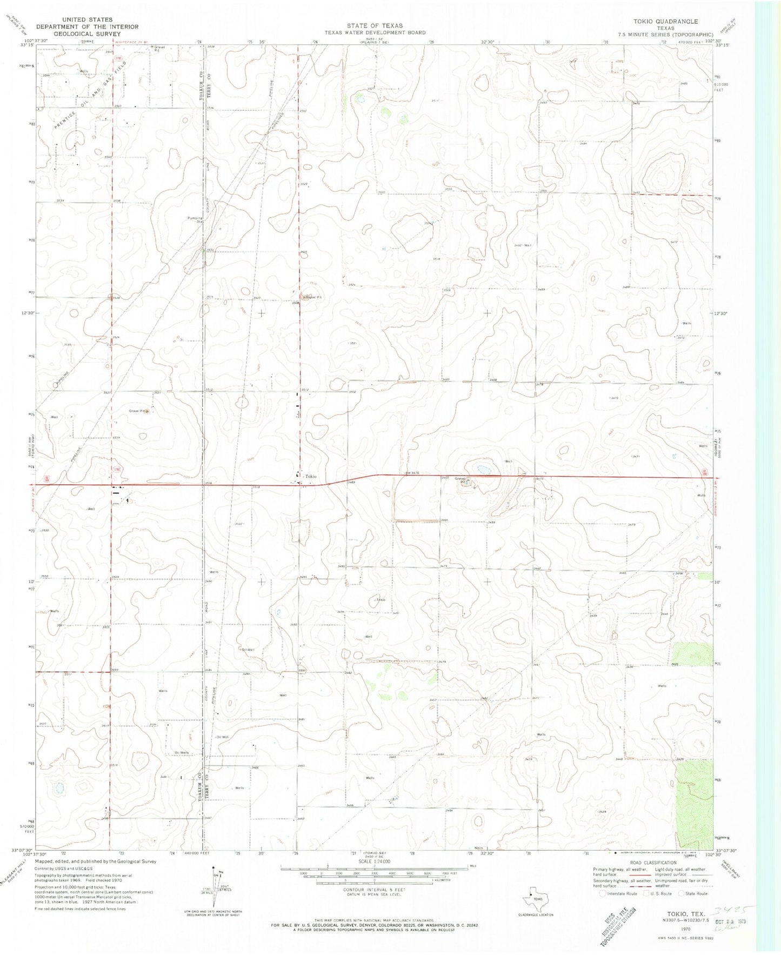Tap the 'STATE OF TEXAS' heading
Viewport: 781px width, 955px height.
coord(375,25)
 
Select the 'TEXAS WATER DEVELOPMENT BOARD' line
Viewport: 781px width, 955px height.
coord(375,32)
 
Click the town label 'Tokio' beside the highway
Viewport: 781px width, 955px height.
coord(310,476)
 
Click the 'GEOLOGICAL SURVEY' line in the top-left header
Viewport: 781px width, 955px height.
coord(87,34)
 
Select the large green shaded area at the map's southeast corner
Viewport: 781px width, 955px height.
coord(694,803)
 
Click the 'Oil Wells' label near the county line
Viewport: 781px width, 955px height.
coord(182,753)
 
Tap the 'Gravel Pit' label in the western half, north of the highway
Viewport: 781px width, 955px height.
coord(138,411)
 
